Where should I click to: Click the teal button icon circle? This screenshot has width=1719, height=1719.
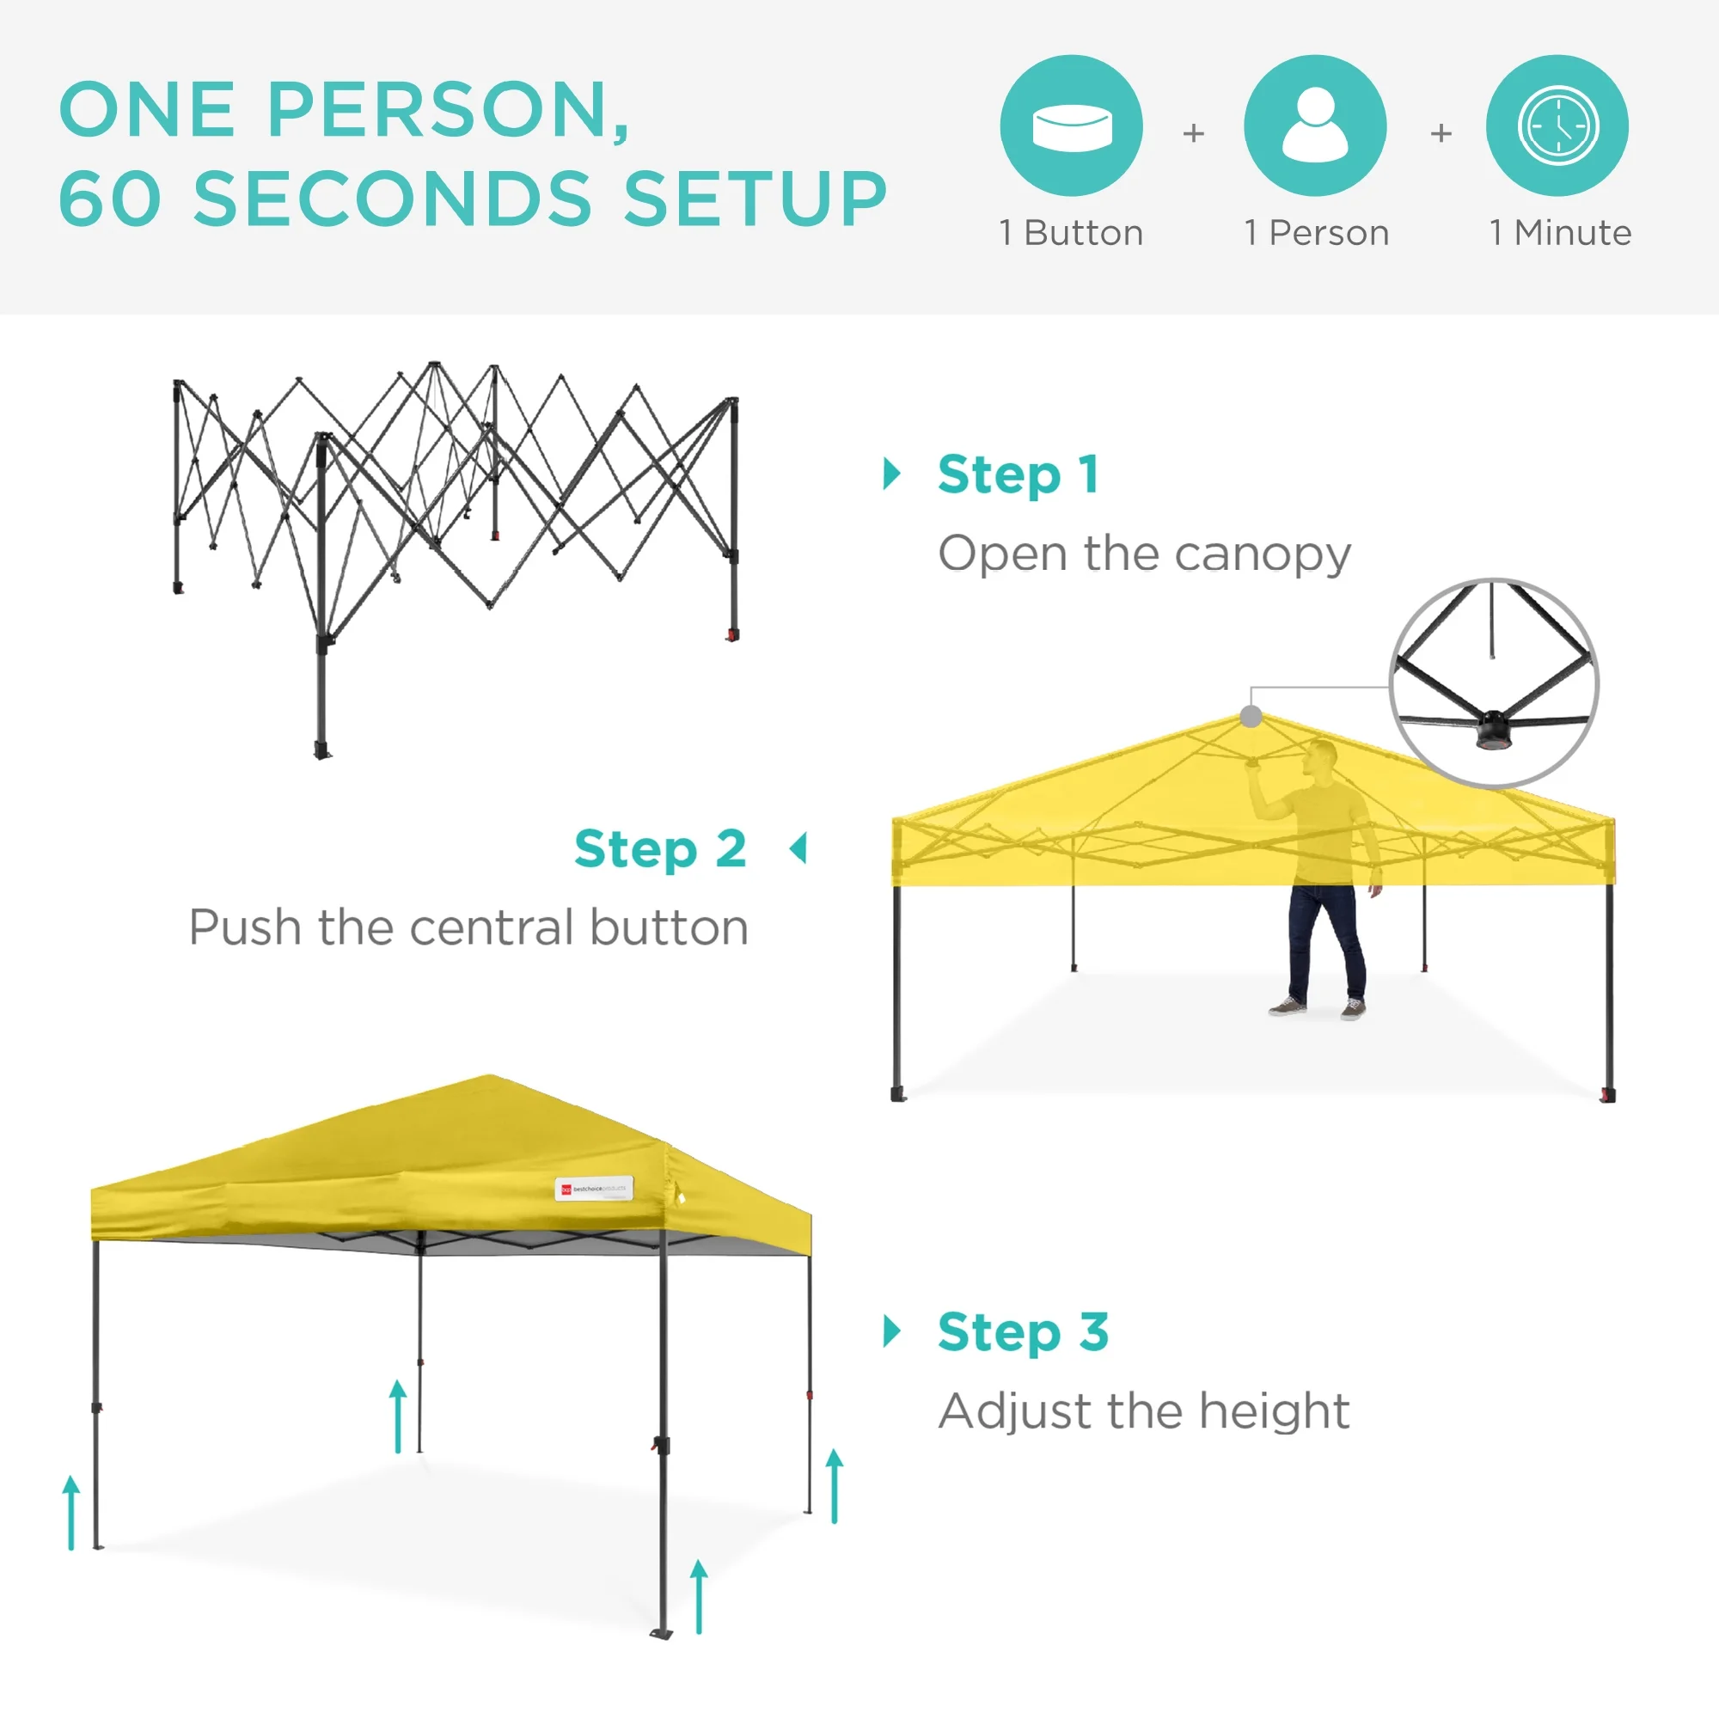pos(1071,125)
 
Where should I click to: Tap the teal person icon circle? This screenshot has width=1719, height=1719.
pos(1315,125)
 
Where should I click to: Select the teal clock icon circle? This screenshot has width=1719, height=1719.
pos(1557,125)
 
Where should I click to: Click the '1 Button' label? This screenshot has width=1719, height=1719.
pos(1071,233)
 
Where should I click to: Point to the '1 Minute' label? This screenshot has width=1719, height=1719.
pos(1561,233)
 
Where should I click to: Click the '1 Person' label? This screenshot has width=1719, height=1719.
pos(1317,233)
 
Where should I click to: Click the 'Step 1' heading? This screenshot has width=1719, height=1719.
pos(1019,475)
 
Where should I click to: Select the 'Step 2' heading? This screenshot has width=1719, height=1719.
pos(660,850)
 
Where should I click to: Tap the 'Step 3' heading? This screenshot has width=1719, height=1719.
pos(1023,1332)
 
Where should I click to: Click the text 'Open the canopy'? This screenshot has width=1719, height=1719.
pos(1144,554)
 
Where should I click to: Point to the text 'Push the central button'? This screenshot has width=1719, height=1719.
pos(469,928)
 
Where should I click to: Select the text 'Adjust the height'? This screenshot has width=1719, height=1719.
pos(1144,1411)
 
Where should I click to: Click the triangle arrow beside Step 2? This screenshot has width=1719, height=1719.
pos(799,849)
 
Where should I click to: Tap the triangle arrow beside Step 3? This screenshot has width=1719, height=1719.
pos(891,1331)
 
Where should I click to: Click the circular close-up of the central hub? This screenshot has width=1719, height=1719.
pos(1494,683)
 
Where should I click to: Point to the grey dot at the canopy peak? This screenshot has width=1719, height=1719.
pos(1251,716)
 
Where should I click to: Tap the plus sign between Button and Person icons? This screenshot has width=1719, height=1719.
pos(1193,133)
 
